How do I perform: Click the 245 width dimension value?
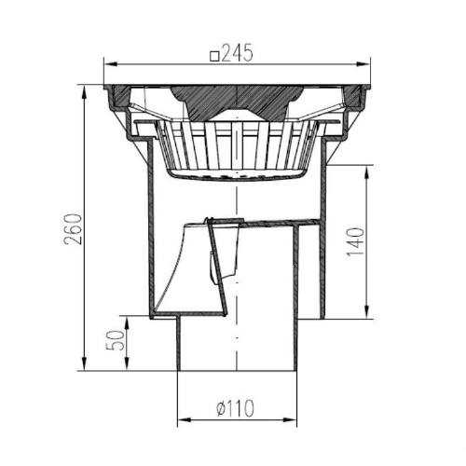[x=238, y=53]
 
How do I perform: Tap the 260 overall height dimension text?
[x=74, y=229]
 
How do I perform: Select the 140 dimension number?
[x=355, y=241]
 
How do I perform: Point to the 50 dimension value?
[x=115, y=340]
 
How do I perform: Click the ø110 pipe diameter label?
[x=236, y=408]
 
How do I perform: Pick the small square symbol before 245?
[x=214, y=56]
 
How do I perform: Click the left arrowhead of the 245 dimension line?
[x=111, y=64]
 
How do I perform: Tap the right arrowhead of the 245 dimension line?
[x=363, y=64]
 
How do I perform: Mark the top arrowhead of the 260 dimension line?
[x=84, y=91]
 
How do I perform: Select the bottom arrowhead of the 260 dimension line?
[x=84, y=363]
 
